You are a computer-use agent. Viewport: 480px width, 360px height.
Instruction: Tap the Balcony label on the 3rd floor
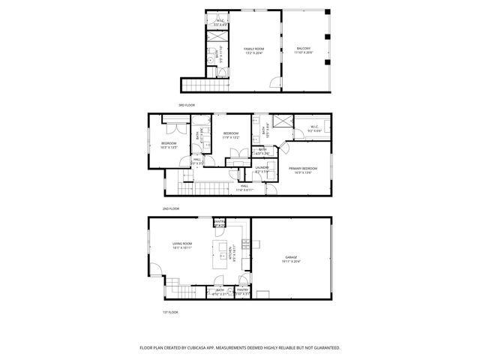pyautogui.click(x=302, y=49)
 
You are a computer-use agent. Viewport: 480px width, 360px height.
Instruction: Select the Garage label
pyautogui.click(x=290, y=258)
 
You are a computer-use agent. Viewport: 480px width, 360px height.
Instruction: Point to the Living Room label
pyautogui.click(x=183, y=243)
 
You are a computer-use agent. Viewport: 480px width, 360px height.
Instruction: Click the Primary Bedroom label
pyautogui.click(x=303, y=169)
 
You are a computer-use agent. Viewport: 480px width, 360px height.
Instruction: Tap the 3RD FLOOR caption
pyautogui.click(x=187, y=105)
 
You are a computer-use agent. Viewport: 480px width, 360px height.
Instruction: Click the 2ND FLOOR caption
pyautogui.click(x=170, y=208)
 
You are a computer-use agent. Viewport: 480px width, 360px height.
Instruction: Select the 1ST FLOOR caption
pyautogui.click(x=170, y=310)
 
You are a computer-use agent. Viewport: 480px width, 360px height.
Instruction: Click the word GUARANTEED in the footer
pyautogui.click(x=325, y=347)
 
